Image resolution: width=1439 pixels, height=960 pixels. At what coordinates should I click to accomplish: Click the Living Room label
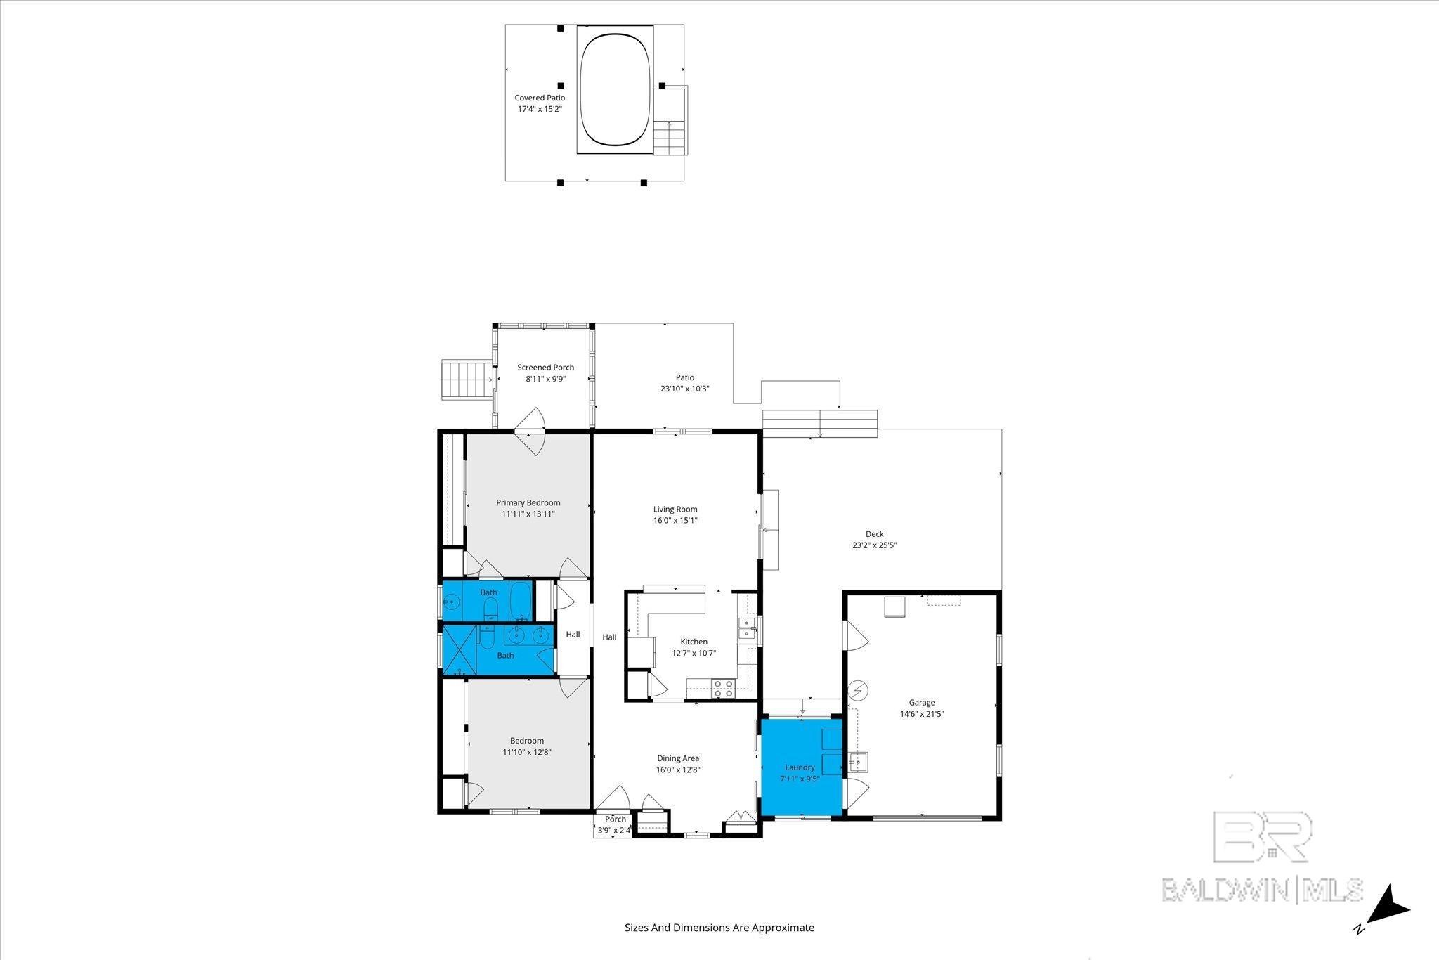click(x=675, y=510)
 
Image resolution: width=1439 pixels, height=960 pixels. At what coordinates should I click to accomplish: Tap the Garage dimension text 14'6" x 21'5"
click(x=922, y=714)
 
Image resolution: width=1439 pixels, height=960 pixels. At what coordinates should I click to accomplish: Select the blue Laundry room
click(x=802, y=767)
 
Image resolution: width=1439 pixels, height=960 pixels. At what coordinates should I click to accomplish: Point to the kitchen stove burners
click(x=724, y=688)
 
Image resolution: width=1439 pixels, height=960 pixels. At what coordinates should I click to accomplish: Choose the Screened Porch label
click(x=545, y=368)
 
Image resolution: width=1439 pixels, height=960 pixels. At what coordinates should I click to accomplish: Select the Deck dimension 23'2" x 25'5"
click(x=875, y=545)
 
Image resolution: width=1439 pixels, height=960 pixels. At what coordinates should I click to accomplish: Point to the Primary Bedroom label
click(x=528, y=502)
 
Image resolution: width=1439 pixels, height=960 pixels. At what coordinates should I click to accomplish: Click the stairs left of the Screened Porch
click(x=467, y=380)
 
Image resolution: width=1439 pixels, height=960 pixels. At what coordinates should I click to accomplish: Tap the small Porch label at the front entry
click(x=616, y=819)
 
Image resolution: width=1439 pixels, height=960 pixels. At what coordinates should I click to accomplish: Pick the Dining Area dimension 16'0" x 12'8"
click(x=678, y=770)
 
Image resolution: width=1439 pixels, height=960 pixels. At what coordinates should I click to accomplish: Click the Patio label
click(x=685, y=377)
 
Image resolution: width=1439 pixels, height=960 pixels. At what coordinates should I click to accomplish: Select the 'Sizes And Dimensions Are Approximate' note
click(x=719, y=928)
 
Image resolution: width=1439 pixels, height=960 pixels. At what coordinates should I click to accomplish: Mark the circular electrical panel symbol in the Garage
click(x=858, y=691)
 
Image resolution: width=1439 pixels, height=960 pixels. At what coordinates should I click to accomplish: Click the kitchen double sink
click(x=746, y=628)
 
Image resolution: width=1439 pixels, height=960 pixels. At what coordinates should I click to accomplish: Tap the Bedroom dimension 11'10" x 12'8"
click(x=527, y=752)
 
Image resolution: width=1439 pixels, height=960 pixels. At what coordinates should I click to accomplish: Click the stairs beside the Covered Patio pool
click(x=670, y=138)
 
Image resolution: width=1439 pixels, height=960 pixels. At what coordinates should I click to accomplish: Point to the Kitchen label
click(x=694, y=642)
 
